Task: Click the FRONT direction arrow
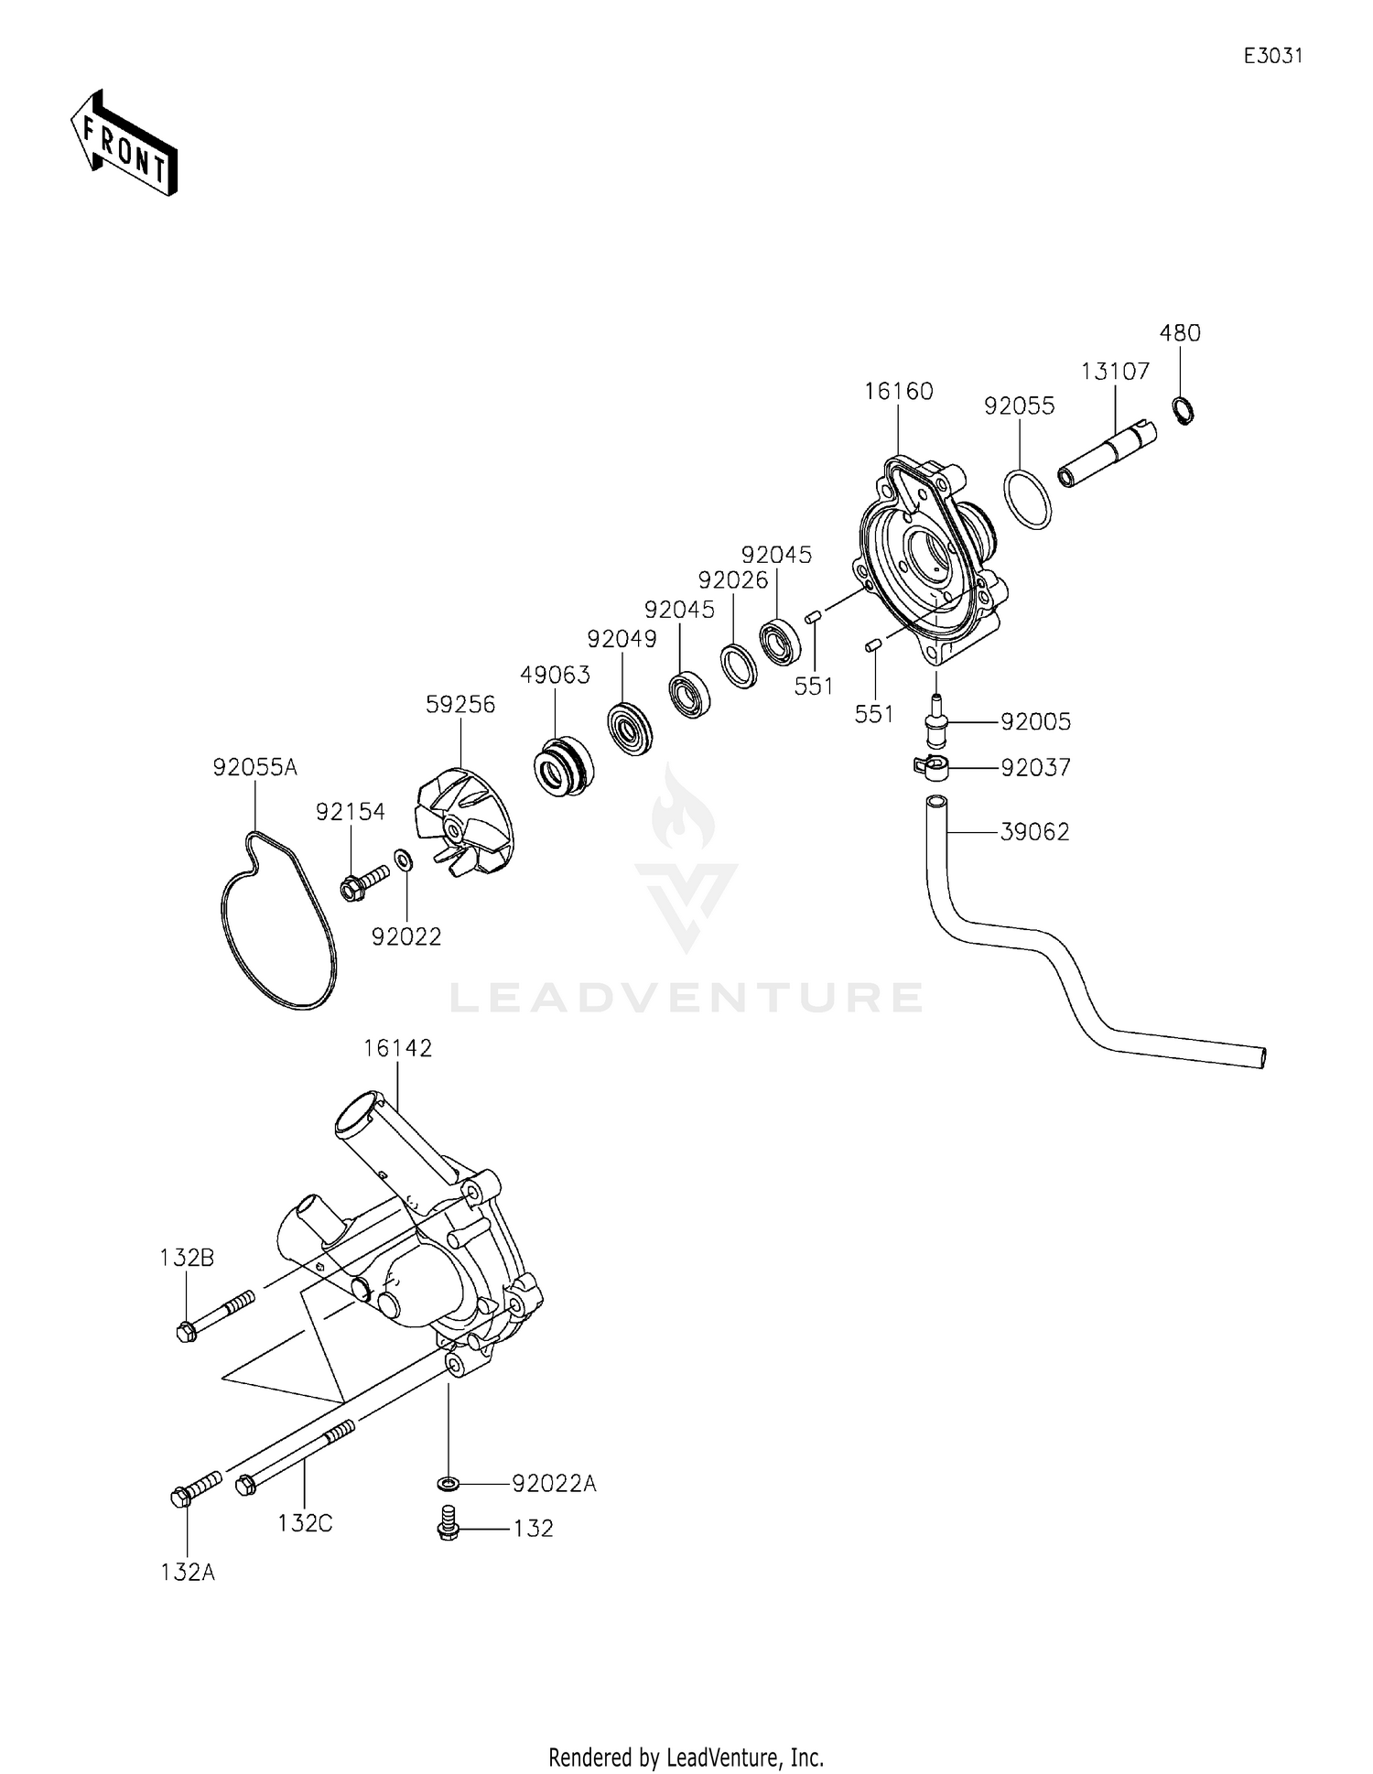pos(124,142)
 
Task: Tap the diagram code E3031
pos(1272,56)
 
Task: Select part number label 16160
pos(898,392)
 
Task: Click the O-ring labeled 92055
pos(1029,498)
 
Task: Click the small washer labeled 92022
pos(403,860)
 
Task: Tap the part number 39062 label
pos(1034,832)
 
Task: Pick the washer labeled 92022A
pos(449,1482)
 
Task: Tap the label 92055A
pos(255,767)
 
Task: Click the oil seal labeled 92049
pos(631,728)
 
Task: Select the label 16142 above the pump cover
pos(397,1048)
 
